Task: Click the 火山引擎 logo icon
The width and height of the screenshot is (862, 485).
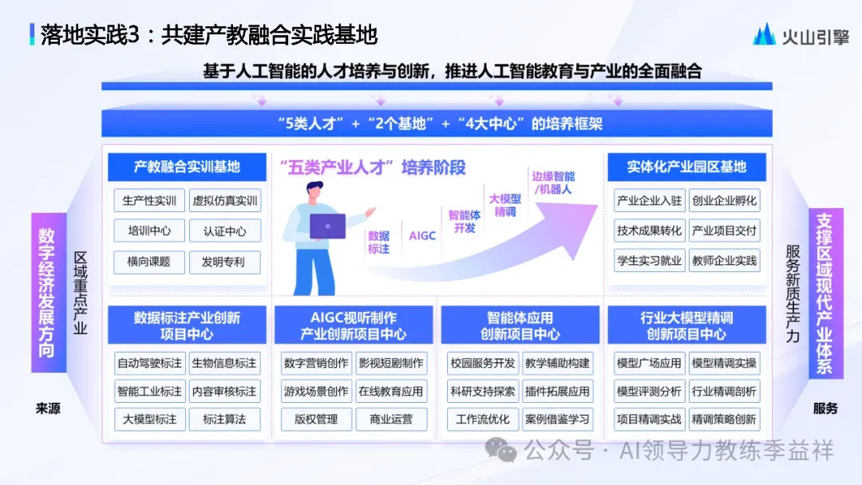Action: [x=764, y=34]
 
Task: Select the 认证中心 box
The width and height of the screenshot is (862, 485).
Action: [x=224, y=231]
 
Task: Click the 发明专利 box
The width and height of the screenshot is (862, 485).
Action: [x=224, y=262]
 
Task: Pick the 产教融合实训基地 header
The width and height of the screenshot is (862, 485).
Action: [x=187, y=168]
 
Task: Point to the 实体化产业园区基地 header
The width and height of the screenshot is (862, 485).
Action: [x=686, y=168]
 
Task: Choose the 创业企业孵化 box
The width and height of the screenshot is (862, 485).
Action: [x=724, y=200]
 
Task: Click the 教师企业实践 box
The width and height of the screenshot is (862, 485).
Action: [x=724, y=261]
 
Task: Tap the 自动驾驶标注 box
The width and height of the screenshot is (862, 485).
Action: [x=149, y=363]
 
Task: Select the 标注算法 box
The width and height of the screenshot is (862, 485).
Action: [x=224, y=419]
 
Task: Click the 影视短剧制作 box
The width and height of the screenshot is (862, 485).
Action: [x=391, y=363]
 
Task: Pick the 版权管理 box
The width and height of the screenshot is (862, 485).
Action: [x=316, y=419]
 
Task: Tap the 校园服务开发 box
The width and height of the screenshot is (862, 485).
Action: [x=483, y=363]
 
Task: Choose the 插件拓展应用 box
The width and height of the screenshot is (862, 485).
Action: [x=557, y=392]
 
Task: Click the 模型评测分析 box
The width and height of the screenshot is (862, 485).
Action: [x=649, y=392]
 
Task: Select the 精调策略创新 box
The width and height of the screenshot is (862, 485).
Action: [x=724, y=419]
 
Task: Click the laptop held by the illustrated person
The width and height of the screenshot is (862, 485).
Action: [x=327, y=226]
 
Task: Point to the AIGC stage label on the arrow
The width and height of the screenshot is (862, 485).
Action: [x=422, y=236]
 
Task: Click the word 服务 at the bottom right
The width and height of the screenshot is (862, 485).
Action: [x=825, y=408]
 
